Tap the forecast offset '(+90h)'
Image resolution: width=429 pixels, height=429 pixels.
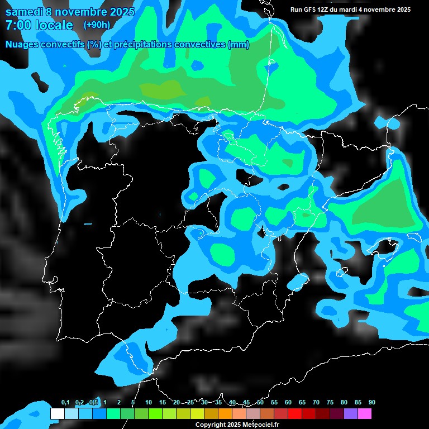[x=97, y=25]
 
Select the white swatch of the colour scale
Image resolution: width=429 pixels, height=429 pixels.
[x=58, y=414]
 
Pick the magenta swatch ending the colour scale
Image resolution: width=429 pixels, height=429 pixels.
[x=365, y=414]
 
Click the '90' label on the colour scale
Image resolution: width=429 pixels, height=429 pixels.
[x=371, y=403]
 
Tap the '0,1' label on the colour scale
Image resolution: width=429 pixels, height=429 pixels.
[x=65, y=403]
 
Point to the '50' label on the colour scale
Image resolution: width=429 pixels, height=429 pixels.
[x=260, y=403]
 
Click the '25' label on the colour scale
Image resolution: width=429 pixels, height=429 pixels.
[x=190, y=403]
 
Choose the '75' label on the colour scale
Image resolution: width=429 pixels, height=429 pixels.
[x=330, y=403]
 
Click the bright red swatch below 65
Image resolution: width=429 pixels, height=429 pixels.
[x=295, y=414]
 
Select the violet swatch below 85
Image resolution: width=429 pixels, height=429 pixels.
[x=351, y=414]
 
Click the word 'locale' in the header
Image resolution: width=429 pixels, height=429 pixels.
[x=54, y=25]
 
